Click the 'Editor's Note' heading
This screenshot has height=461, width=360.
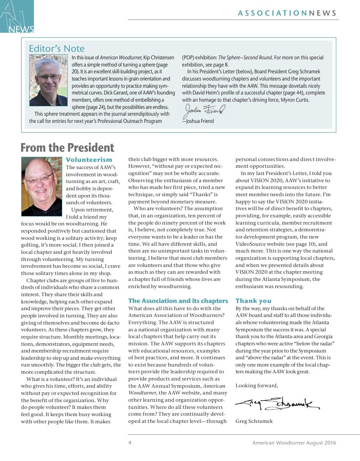pyautogui.click(x=56, y=49)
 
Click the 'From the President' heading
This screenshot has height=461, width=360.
pyautogui.click(x=67, y=147)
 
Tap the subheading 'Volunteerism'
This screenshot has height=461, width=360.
pyautogui.click(x=89, y=160)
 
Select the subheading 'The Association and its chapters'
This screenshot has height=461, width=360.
pyautogui.click(x=178, y=301)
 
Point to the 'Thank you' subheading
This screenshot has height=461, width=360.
pyautogui.click(x=253, y=301)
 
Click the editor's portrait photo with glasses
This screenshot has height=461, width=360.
pyautogui.click(x=46, y=80)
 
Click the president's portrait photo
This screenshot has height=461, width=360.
pyautogui.click(x=42, y=186)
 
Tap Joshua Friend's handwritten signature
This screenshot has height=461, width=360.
pyautogui.click(x=204, y=111)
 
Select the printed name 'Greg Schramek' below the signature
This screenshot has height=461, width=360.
pyautogui.click(x=254, y=421)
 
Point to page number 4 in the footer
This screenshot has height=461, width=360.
pyautogui.click(x=130, y=443)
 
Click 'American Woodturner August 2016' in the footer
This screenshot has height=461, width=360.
pyautogui.click(x=294, y=443)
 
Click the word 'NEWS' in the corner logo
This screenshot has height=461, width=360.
pyautogui.click(x=21, y=29)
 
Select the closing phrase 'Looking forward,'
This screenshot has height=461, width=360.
pyautogui.click(x=257, y=386)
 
